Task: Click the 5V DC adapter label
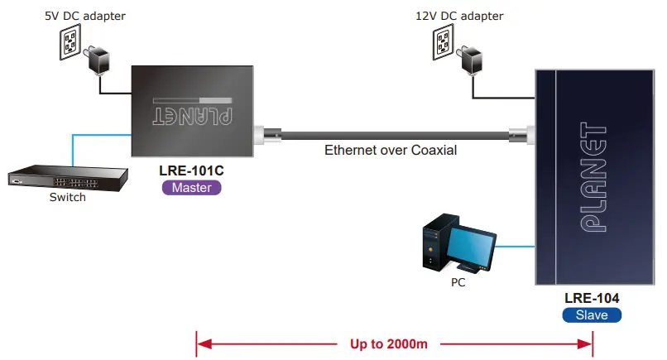(x=81, y=15)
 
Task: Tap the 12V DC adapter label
(x=458, y=15)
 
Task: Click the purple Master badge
(x=192, y=188)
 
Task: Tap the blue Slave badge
(x=592, y=314)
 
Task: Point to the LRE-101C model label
(x=192, y=170)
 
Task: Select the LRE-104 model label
(x=592, y=298)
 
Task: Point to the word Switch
(x=67, y=198)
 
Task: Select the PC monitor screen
(x=473, y=247)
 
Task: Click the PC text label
(x=458, y=282)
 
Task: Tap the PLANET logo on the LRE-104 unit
(x=593, y=180)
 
